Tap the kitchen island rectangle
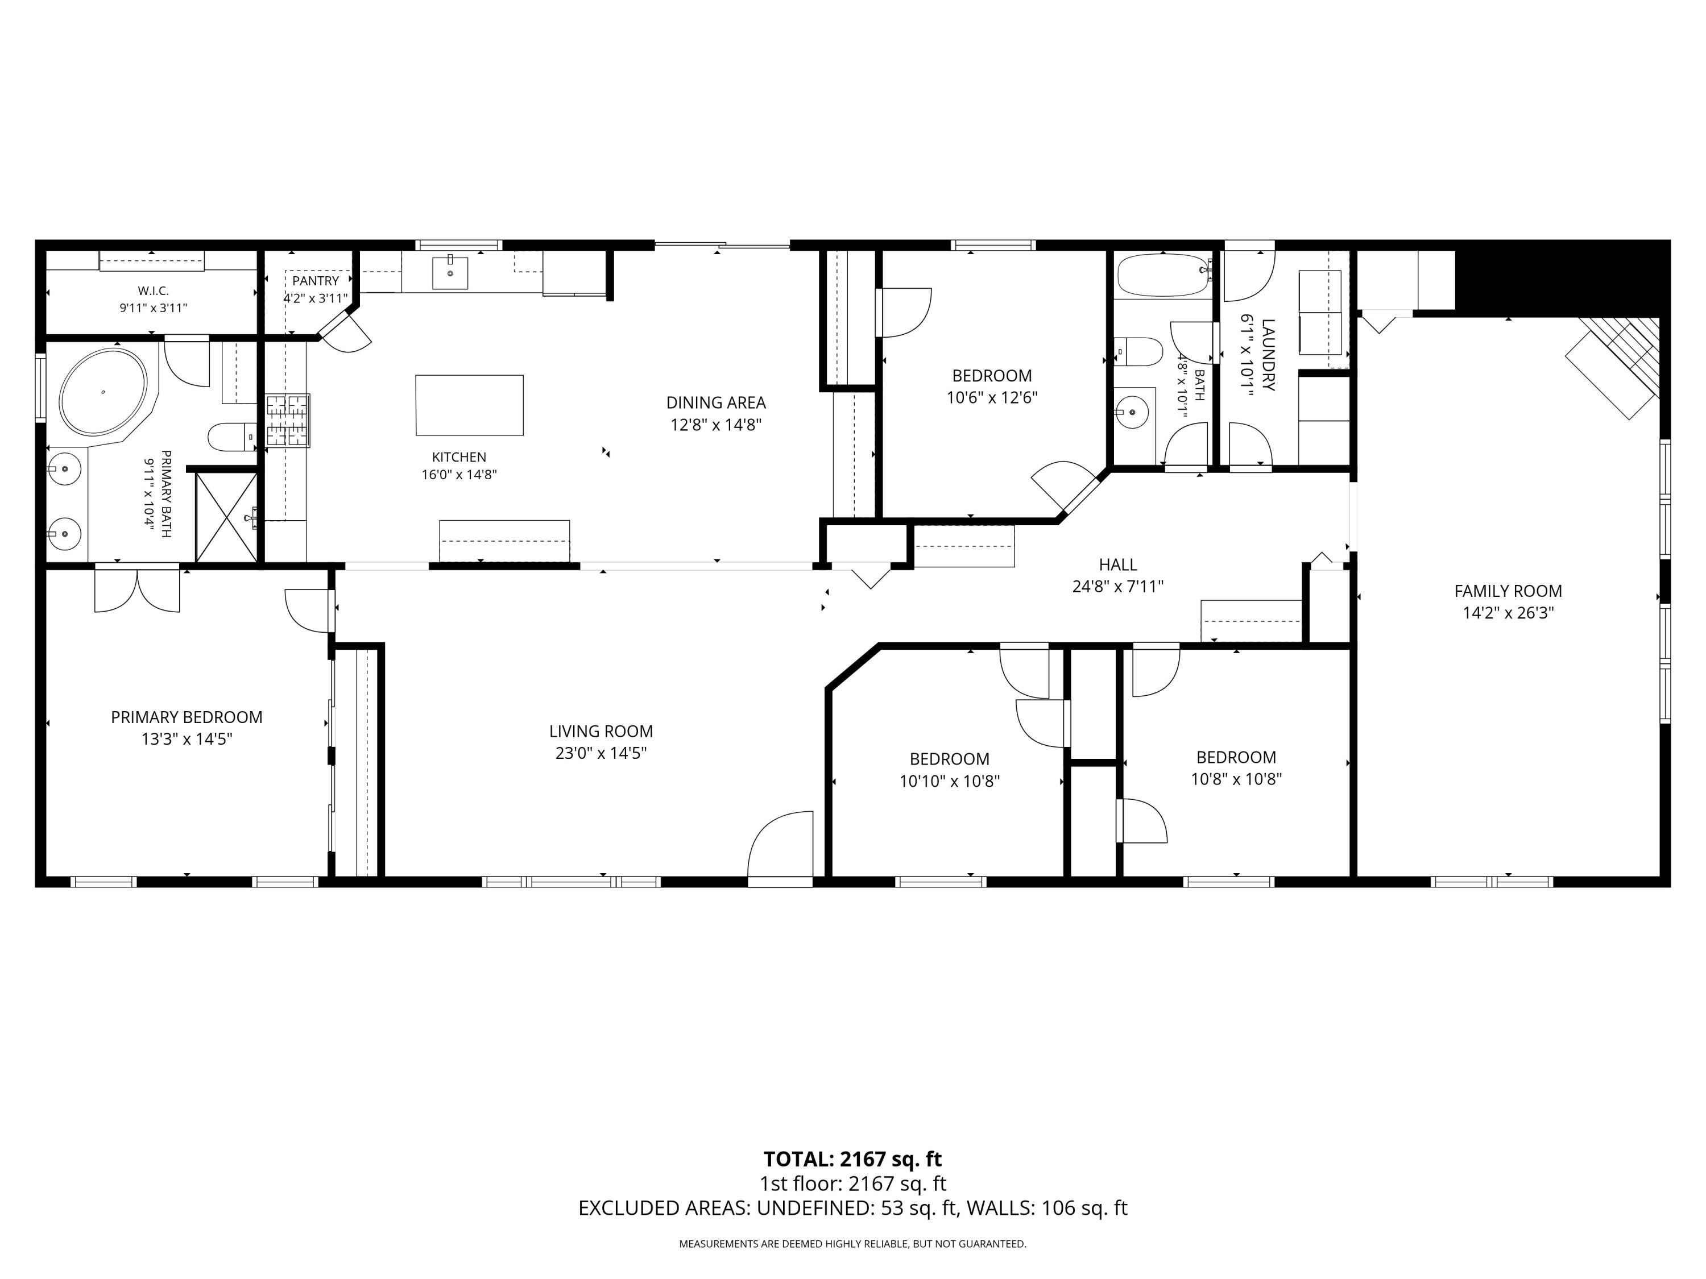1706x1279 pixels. coord(469,405)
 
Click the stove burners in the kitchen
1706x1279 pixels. coord(288,420)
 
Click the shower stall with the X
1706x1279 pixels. coord(227,517)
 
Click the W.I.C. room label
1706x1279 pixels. coord(154,290)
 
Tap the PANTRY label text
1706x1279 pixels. coord(316,281)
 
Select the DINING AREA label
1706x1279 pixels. coord(716,402)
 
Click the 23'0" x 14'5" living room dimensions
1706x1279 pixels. coord(601,753)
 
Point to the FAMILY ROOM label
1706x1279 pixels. coord(1508,591)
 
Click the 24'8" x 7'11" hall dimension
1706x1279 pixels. coord(1117,587)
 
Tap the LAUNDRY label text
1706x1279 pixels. coord(1269,355)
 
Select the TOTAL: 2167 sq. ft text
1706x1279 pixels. coord(852,1160)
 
